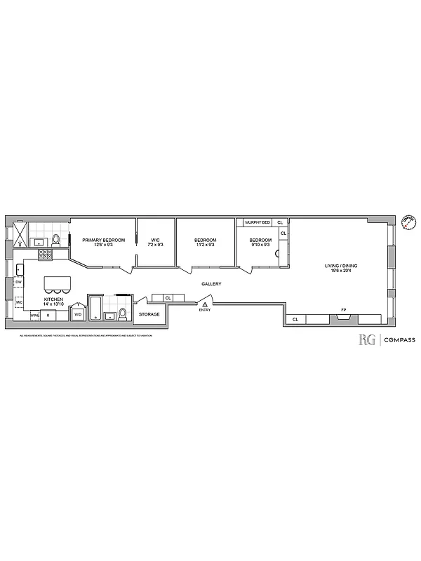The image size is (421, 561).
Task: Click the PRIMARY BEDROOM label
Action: [x=103, y=241]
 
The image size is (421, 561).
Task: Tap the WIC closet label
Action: [x=155, y=241]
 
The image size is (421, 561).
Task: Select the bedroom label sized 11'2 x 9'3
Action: [x=204, y=241]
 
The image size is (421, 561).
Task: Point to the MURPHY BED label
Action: [x=257, y=222]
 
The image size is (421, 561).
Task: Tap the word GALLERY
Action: [x=211, y=284]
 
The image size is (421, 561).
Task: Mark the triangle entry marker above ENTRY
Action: [x=205, y=304]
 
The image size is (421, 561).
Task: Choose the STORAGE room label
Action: [x=149, y=314]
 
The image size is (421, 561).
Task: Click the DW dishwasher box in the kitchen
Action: [x=19, y=283]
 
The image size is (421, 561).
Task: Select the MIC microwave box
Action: [x=19, y=302]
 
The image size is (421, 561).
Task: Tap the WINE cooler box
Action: [x=34, y=316]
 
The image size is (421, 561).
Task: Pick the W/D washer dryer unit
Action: [x=78, y=315]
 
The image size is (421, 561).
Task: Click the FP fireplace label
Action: [x=343, y=309]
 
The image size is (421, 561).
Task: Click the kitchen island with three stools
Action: [x=57, y=284]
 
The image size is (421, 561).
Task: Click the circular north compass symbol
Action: [x=406, y=222]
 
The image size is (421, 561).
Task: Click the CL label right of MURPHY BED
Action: [x=280, y=222]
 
